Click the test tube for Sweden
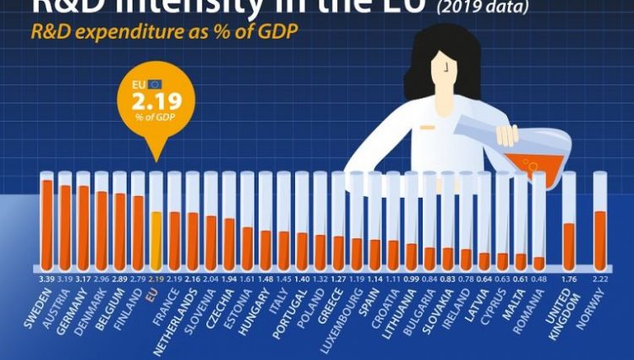[x=47, y=221]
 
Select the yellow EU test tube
[x=156, y=221]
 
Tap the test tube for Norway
[x=599, y=221]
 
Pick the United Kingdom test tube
[x=569, y=221]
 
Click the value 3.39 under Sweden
[x=47, y=277]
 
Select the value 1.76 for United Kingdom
[x=569, y=277]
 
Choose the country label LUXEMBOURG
[x=341, y=317]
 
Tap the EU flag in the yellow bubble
[x=156, y=85]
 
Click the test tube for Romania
[x=539, y=221]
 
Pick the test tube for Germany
[x=84, y=221]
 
